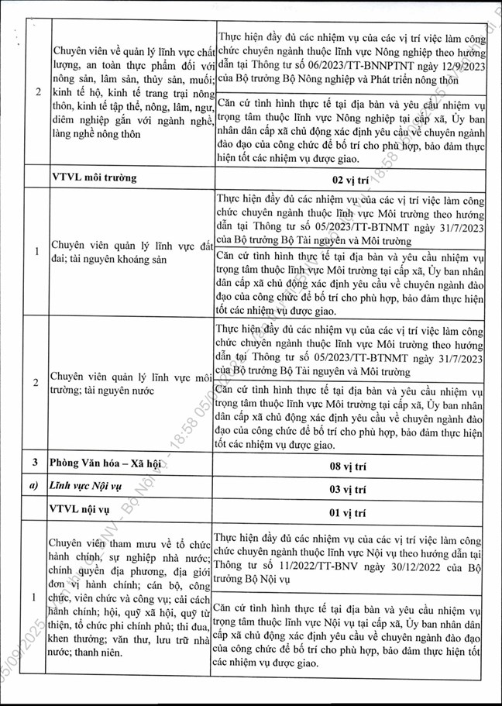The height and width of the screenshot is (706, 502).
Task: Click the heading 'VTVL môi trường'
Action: [92, 177]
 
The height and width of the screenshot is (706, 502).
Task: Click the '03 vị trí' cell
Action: [353, 491]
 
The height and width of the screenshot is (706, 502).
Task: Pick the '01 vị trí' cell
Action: [353, 512]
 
